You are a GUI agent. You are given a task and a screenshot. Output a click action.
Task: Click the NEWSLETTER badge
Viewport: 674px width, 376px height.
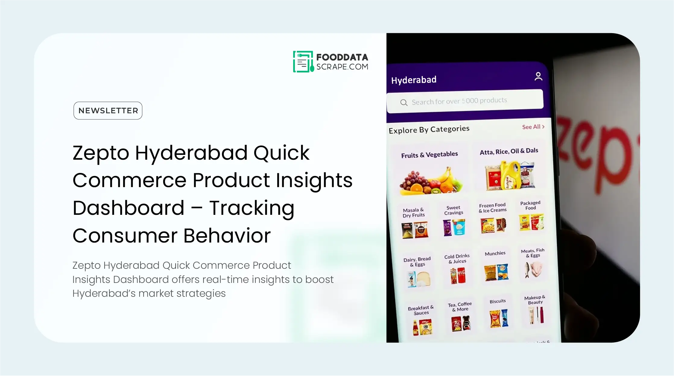point(108,111)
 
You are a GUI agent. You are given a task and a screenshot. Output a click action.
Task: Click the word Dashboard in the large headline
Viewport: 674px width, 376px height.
point(128,208)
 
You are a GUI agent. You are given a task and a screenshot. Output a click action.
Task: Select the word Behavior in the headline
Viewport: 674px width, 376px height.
point(227,236)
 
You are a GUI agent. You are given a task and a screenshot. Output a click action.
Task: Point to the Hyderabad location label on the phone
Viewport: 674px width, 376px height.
point(414,80)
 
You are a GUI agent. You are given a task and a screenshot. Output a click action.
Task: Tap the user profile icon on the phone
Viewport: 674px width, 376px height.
point(538,77)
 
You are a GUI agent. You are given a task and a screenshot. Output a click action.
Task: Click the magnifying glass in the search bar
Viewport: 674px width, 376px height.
point(404,102)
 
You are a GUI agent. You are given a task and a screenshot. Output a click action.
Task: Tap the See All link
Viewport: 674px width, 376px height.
point(533,127)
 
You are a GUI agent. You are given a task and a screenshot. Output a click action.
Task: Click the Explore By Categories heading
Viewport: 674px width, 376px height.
point(429,130)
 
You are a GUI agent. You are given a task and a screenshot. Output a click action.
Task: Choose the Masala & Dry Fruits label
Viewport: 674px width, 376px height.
point(414,212)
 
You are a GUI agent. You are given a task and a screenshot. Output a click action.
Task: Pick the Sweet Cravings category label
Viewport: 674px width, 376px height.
point(454,210)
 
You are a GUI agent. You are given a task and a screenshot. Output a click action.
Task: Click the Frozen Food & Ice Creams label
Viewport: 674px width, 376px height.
point(492,208)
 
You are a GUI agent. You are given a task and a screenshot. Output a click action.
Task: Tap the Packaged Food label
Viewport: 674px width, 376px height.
point(530,205)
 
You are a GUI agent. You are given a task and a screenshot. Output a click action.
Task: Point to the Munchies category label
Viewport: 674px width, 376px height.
point(495,253)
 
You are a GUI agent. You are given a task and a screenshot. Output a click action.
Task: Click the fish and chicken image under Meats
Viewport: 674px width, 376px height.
point(533,269)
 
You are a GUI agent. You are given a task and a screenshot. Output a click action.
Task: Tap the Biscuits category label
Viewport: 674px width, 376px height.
point(498,301)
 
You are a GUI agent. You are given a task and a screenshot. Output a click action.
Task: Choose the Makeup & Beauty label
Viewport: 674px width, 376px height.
point(535,300)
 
